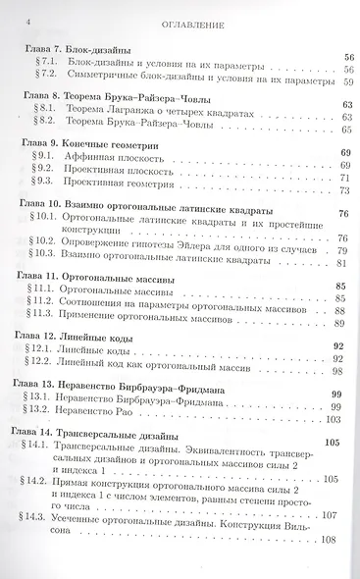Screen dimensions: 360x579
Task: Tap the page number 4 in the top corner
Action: (30, 19)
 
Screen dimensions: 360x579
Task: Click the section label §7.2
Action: (45, 75)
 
